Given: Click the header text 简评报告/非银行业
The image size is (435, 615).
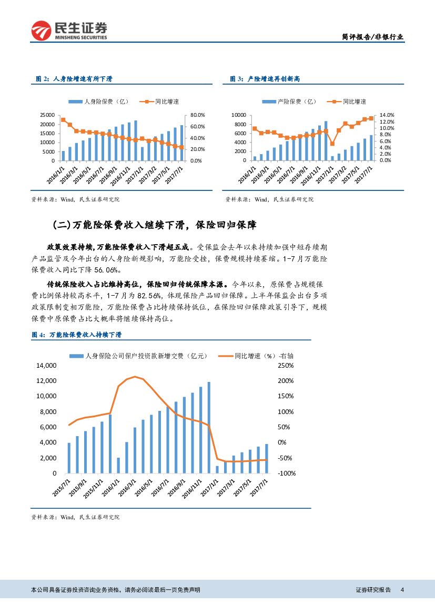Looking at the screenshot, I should pos(372,37).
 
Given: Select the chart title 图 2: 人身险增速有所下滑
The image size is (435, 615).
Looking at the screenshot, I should pos(74,79).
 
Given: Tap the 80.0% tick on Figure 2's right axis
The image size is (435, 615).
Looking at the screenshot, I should pos(197,115).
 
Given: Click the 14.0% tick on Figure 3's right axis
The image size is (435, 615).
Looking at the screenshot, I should pos(387,115).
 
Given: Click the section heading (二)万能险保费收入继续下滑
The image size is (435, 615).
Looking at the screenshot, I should pos(155,225).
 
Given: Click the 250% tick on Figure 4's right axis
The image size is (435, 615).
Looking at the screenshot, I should pos(286,365).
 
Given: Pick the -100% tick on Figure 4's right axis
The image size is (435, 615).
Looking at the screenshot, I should pos(287,473).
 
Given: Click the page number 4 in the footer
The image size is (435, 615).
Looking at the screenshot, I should pos(402,590).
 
